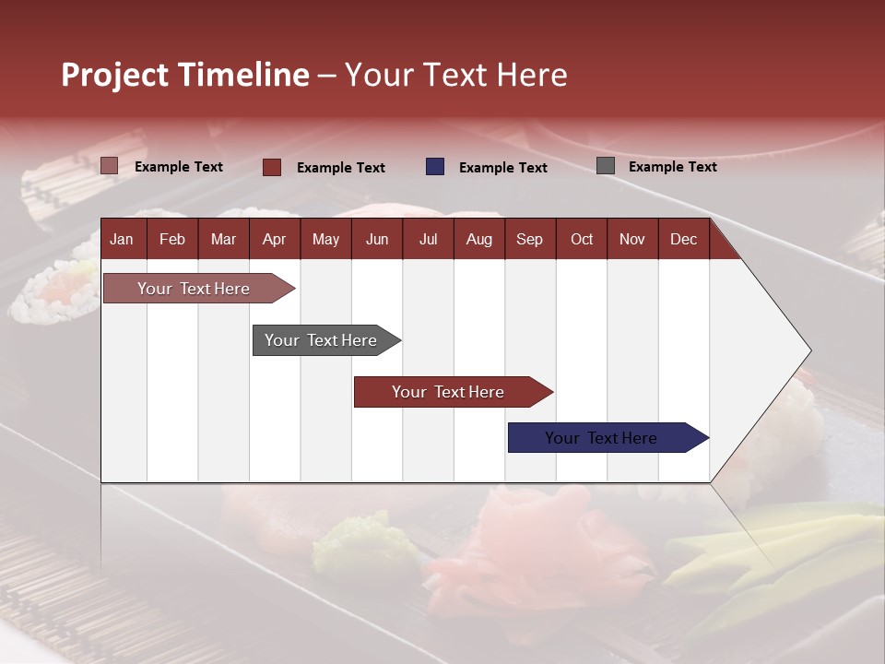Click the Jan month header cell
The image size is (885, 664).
pos(123,239)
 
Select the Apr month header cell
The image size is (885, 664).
pos(274,239)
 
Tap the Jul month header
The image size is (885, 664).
pos(428,239)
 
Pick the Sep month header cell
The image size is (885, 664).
pos(529,239)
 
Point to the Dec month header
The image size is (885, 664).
pos(683,239)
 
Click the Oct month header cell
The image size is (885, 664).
pos(582,239)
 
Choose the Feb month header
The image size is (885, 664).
pos(172,239)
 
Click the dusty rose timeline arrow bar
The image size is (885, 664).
pos(194,289)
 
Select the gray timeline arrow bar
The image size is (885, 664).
pos(321,340)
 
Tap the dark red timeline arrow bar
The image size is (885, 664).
pos(448,392)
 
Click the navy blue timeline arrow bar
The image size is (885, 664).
pos(601,438)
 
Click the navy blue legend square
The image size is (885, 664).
pos(435,167)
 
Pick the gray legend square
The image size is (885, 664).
pos(606,166)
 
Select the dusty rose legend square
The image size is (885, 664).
pos(110,166)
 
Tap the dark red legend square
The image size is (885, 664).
pos(272,167)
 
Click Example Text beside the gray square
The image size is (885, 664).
pos(672,167)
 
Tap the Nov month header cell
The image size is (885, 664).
pos(632,239)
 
